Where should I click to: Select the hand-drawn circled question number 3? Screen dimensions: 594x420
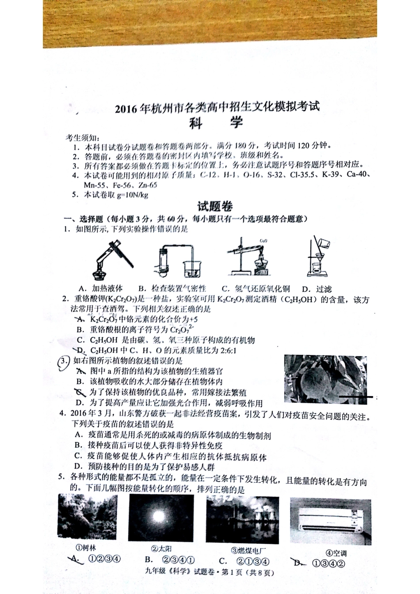click(65, 361)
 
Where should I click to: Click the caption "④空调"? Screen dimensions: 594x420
click(336, 553)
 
